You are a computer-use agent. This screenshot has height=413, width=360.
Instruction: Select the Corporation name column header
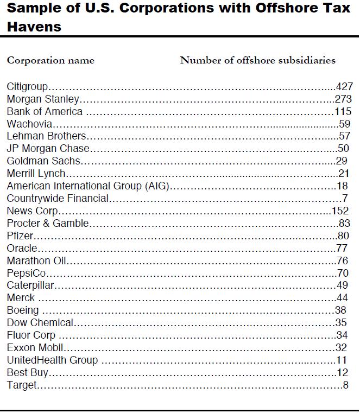tap(50, 60)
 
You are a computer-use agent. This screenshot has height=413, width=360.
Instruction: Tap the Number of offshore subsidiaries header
tap(257, 60)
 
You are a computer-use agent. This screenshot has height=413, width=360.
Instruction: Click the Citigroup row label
tap(28, 86)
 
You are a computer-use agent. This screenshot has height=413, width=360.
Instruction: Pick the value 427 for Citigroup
tap(344, 86)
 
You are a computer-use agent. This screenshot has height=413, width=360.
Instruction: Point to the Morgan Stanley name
tap(43, 99)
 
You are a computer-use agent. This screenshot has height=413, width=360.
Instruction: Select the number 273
tap(343, 99)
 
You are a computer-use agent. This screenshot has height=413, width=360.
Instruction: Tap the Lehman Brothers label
tap(46, 136)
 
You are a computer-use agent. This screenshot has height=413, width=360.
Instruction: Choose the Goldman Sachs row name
tap(43, 161)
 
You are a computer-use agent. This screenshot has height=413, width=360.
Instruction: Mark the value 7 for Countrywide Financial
tap(345, 198)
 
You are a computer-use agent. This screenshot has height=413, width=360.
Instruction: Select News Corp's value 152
tap(340, 211)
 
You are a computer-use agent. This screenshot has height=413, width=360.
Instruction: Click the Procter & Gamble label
tap(48, 223)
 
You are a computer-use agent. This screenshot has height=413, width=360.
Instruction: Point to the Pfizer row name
tap(20, 236)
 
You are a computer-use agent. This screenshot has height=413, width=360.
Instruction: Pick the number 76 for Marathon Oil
tap(342, 260)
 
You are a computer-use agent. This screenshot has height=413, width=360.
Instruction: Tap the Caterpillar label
tap(31, 285)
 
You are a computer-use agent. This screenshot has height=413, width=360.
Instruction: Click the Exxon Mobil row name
tap(35, 347)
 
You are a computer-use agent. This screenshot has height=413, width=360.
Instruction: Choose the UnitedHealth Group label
tap(52, 360)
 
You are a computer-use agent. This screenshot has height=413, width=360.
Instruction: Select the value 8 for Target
tap(345, 385)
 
